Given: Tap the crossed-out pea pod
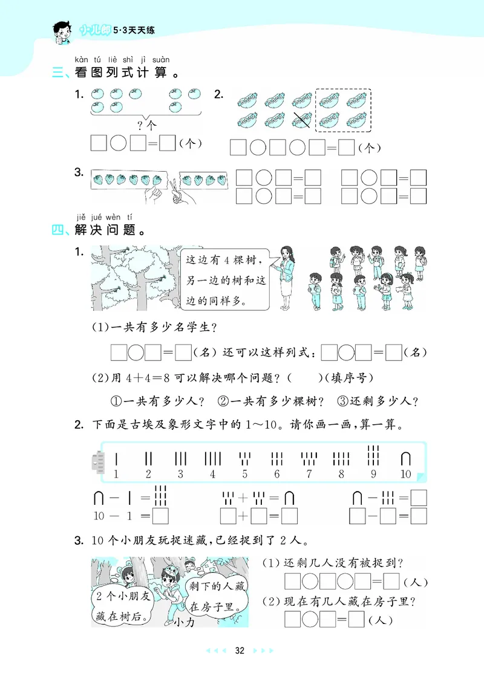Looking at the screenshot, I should pyautogui.click(x=302, y=120).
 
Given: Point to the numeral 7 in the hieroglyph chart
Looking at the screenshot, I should pyautogui.click(x=309, y=474).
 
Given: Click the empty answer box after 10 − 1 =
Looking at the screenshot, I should pyautogui.click(x=160, y=517).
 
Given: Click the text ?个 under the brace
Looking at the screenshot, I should pyautogui.click(x=146, y=126).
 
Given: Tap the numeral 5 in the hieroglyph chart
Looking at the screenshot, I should pyautogui.click(x=244, y=474).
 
